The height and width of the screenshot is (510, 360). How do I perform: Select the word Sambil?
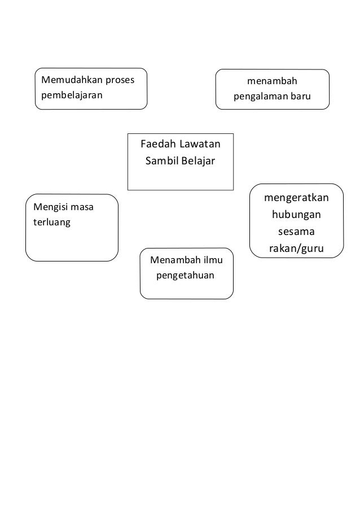[x=161, y=161]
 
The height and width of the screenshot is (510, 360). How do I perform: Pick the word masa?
[x=82, y=208]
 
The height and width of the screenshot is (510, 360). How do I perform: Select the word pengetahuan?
[x=185, y=276]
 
